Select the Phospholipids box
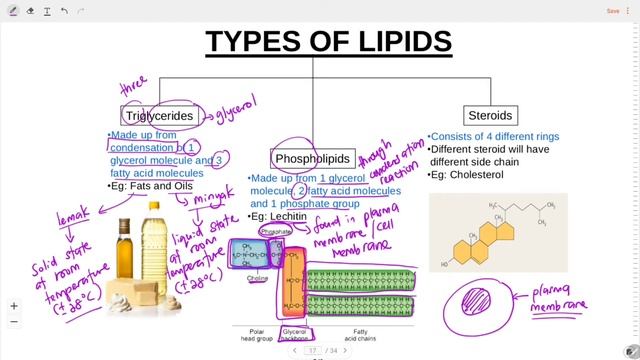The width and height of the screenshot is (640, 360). point(314,158)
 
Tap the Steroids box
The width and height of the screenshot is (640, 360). point(490,115)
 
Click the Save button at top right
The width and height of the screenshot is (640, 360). point(612,11)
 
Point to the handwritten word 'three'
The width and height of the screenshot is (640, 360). point(132,89)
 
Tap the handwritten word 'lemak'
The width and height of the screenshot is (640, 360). point(73,212)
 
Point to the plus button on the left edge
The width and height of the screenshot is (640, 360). point(14,306)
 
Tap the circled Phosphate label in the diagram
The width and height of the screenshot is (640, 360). point(275,231)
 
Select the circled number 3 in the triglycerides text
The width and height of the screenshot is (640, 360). point(220,159)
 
